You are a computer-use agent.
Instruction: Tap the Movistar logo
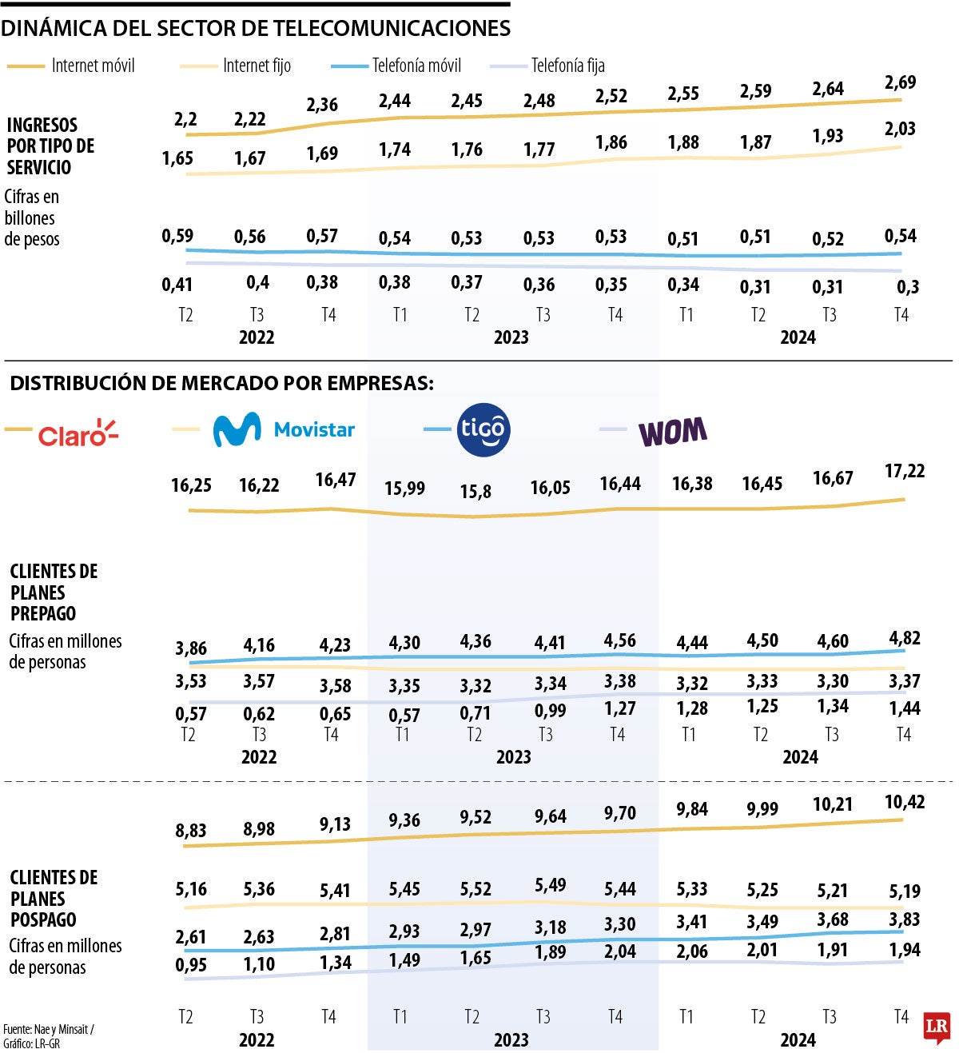coord(284,429)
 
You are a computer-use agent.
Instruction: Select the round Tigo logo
coord(483,429)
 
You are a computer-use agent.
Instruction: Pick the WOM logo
coord(672,432)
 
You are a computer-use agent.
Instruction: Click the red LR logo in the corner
coord(936,1028)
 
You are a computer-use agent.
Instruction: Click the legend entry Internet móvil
coord(93,66)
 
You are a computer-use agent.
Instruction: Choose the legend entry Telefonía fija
coord(567,66)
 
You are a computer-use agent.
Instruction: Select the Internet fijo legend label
coord(257,66)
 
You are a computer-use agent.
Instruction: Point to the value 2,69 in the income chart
coord(900,82)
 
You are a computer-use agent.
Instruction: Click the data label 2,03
coord(900,129)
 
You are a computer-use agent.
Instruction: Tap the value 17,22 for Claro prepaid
coord(905,471)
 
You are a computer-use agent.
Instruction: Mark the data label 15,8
coord(476,491)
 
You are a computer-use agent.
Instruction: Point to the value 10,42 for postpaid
coord(905,802)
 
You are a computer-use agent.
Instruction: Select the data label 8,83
coord(191,831)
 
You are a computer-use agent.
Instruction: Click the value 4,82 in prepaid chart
coord(904,638)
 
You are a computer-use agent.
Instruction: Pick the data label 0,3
coord(908,288)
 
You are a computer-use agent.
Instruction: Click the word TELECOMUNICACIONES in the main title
coord(391,29)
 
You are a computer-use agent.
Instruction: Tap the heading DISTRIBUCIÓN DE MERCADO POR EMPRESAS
coord(221,383)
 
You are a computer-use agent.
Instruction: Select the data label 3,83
coord(904,919)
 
